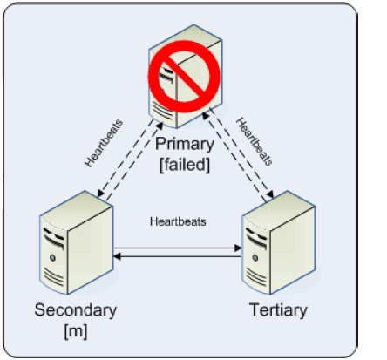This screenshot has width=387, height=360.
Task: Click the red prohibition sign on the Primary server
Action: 184,77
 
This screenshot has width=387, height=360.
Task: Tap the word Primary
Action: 185,144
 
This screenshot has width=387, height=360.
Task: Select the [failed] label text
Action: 185,165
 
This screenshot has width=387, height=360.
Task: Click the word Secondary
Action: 76,309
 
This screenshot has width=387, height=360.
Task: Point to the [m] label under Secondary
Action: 76,331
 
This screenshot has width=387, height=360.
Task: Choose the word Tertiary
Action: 278,309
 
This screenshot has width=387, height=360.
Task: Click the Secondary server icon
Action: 76,242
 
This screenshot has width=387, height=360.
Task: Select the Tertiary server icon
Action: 279,242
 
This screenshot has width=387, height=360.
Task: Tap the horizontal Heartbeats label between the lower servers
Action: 178,222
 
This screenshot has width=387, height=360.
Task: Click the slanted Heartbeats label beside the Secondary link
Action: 104,143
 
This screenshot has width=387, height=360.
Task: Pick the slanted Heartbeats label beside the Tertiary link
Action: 255,141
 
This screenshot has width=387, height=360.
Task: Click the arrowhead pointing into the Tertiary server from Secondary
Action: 238,248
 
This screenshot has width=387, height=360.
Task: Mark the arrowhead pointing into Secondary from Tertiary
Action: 117,256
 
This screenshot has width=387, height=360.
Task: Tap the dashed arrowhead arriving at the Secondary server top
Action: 100,194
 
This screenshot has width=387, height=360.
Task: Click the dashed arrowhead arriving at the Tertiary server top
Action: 270,194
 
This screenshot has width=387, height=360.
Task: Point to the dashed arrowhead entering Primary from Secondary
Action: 160,126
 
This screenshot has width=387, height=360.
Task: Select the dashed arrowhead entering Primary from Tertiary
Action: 206,116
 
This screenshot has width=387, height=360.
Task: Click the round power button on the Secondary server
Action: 52,257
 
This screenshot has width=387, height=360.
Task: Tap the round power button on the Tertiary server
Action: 255,257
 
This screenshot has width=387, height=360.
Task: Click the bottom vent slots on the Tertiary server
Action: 256,277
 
